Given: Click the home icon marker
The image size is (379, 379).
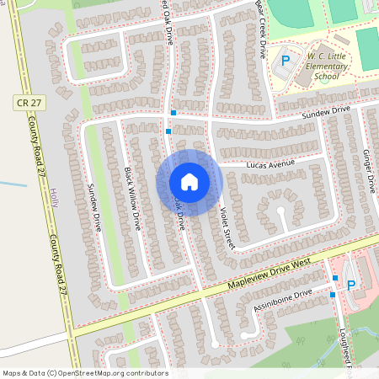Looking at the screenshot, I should click(189, 182).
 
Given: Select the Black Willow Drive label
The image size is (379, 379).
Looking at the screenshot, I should click(132, 199).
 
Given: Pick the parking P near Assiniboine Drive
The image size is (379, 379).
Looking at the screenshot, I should click(350, 285).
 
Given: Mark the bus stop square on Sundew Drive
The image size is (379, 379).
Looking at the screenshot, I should click(173, 113).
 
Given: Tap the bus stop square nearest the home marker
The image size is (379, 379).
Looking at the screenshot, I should click(168, 131).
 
